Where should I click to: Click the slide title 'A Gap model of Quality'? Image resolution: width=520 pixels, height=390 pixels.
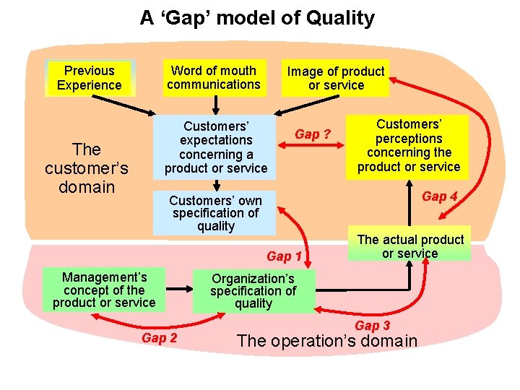(257, 18)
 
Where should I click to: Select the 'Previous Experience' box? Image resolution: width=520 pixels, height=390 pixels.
(90, 78)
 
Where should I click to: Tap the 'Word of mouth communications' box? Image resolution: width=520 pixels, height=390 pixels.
(213, 77)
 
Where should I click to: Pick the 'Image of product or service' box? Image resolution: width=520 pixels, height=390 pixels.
(336, 78)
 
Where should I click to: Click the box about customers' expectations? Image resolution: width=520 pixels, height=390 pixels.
(215, 147)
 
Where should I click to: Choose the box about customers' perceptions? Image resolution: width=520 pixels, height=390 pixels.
(408, 145)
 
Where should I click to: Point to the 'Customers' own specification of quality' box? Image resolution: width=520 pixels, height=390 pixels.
(215, 213)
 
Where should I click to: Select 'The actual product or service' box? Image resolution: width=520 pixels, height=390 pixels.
(409, 246)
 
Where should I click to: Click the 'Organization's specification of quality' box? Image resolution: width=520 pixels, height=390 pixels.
(253, 290)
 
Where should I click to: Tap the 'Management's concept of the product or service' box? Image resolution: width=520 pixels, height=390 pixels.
(104, 289)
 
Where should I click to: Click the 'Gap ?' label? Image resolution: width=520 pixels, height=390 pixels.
(313, 134)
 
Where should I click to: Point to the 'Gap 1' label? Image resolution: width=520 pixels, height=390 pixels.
(284, 256)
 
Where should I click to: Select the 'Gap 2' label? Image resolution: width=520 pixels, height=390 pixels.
(159, 338)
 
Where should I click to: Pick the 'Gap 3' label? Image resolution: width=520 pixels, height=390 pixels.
(372, 326)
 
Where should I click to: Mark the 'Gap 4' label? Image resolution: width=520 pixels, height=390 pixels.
(439, 196)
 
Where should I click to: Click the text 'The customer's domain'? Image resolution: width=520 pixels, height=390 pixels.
(86, 168)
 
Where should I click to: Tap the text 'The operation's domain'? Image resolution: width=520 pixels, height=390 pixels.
(326, 341)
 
